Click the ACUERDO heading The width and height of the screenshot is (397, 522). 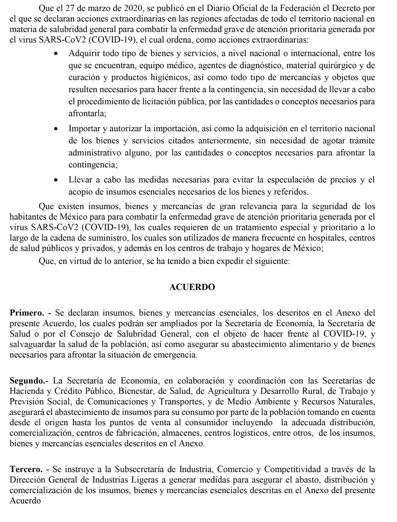coord(192,287)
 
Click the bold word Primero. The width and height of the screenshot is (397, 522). coord(27,312)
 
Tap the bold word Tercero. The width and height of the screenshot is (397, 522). coord(26,469)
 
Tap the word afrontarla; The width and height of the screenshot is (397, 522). coord(87,114)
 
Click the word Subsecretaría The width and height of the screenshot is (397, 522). coord(145,469)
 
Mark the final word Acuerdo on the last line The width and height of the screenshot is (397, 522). coord(25,501)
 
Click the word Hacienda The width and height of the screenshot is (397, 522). coord(26,391)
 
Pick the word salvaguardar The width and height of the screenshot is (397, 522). coord(32,344)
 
